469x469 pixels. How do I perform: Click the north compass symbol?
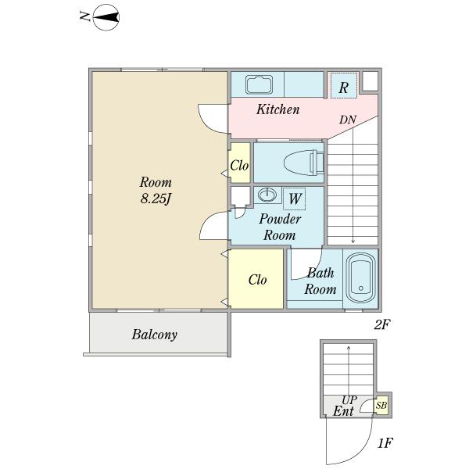(x=106, y=17)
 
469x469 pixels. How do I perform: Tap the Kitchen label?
(x=277, y=109)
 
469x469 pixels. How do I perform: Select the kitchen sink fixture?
(x=259, y=84)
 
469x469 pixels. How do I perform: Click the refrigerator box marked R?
(x=344, y=85)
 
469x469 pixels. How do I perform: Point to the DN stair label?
(x=348, y=120)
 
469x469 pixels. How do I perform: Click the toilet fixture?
(x=304, y=163)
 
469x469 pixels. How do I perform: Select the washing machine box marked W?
(x=295, y=199)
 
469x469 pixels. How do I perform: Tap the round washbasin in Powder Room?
(x=267, y=195)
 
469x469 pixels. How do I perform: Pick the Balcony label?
(x=154, y=335)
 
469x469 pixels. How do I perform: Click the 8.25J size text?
(x=156, y=199)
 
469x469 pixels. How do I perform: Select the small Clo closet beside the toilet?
(x=239, y=163)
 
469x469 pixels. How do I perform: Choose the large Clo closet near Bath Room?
(x=256, y=279)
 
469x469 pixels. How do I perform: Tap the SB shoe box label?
(x=381, y=405)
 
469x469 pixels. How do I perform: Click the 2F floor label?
(x=382, y=324)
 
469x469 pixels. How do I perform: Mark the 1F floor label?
(x=385, y=442)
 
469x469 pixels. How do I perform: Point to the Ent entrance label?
(x=343, y=411)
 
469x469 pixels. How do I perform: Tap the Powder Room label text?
(x=280, y=227)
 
